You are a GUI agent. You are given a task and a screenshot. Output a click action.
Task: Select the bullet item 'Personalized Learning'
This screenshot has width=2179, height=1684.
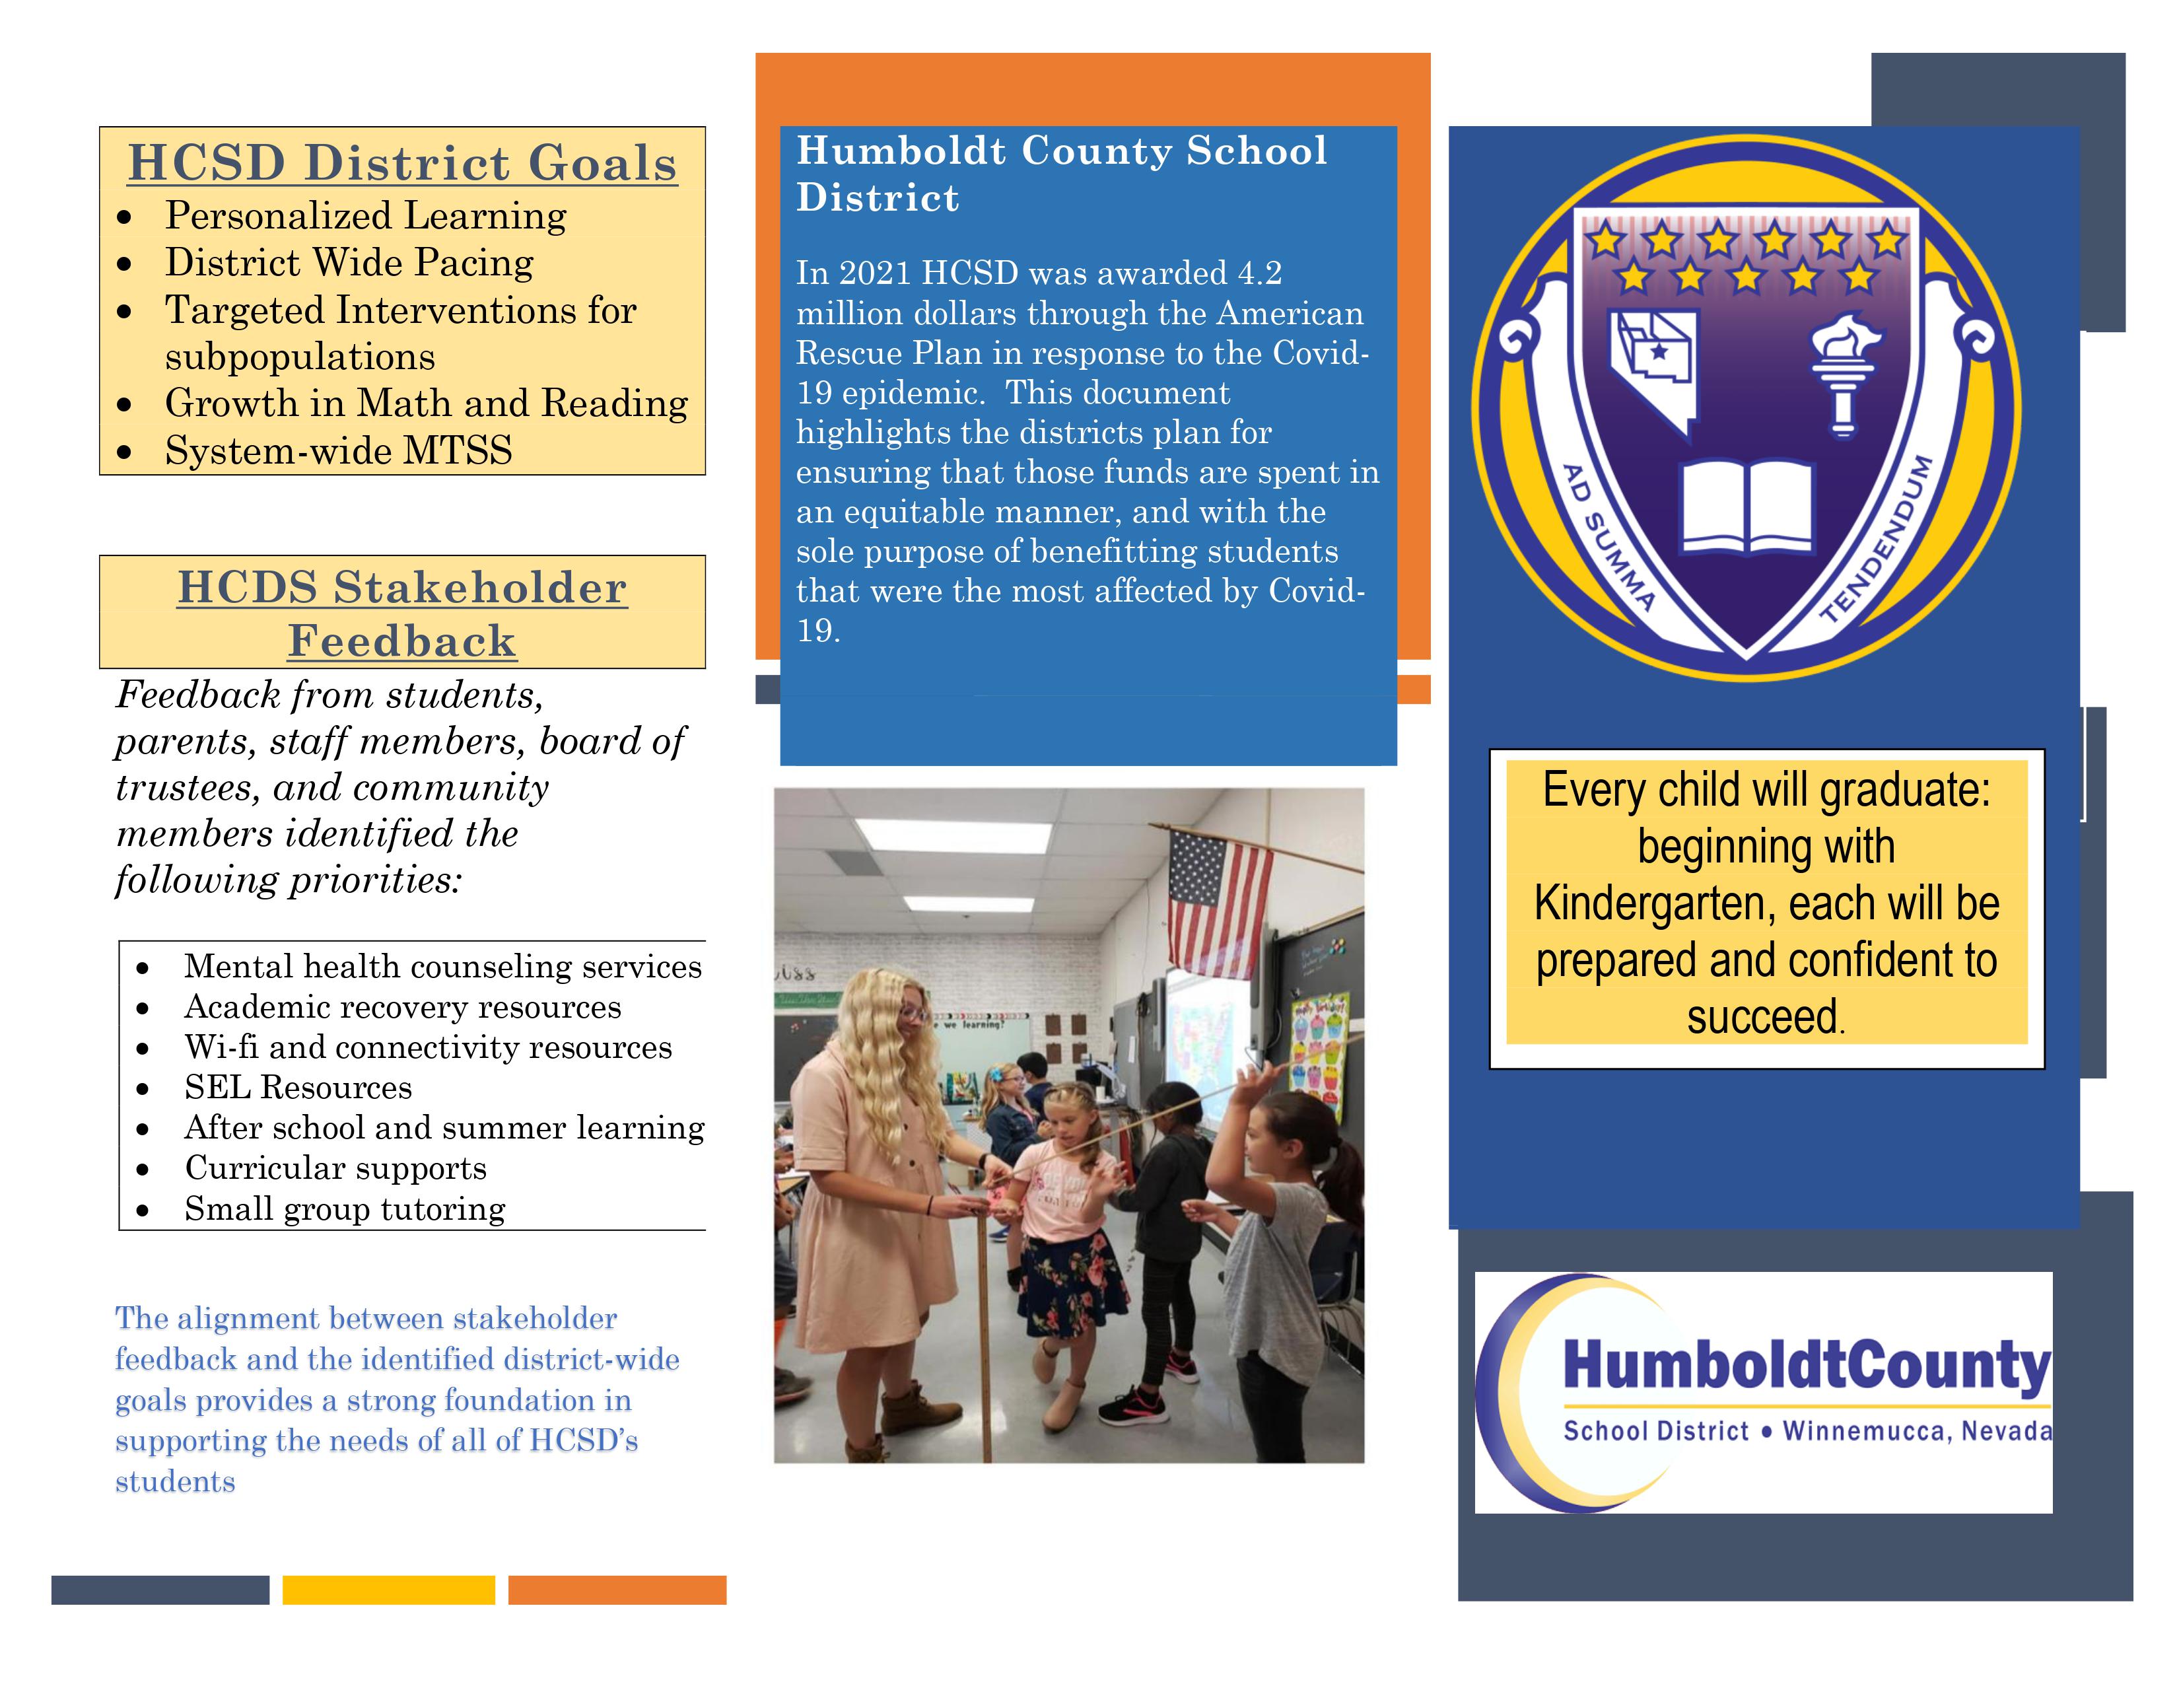point(365,215)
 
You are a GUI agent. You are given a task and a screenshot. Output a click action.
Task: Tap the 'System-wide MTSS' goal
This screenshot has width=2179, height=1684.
point(338,451)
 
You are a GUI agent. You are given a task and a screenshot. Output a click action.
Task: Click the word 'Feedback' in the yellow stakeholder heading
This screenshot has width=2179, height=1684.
point(402,641)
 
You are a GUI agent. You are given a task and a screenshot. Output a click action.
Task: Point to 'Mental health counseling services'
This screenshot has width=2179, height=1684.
point(443,967)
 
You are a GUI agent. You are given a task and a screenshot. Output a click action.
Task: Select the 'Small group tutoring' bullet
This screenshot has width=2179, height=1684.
point(344,1209)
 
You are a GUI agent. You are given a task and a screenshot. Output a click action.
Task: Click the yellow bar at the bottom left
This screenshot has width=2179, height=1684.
point(388,1590)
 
